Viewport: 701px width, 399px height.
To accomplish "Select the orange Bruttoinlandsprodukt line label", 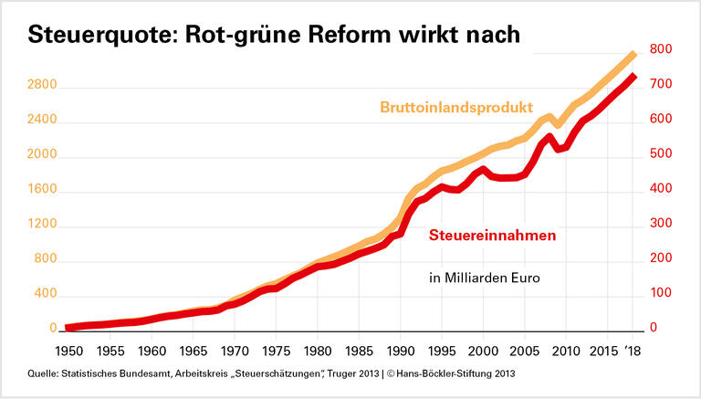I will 455,107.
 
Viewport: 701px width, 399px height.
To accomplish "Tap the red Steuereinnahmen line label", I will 493,236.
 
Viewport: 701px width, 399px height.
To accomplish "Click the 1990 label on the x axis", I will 400,351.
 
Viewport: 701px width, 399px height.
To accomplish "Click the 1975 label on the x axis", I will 276,351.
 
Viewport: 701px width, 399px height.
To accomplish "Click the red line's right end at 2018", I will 633,77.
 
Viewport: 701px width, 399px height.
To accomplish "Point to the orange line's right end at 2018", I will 633,55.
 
